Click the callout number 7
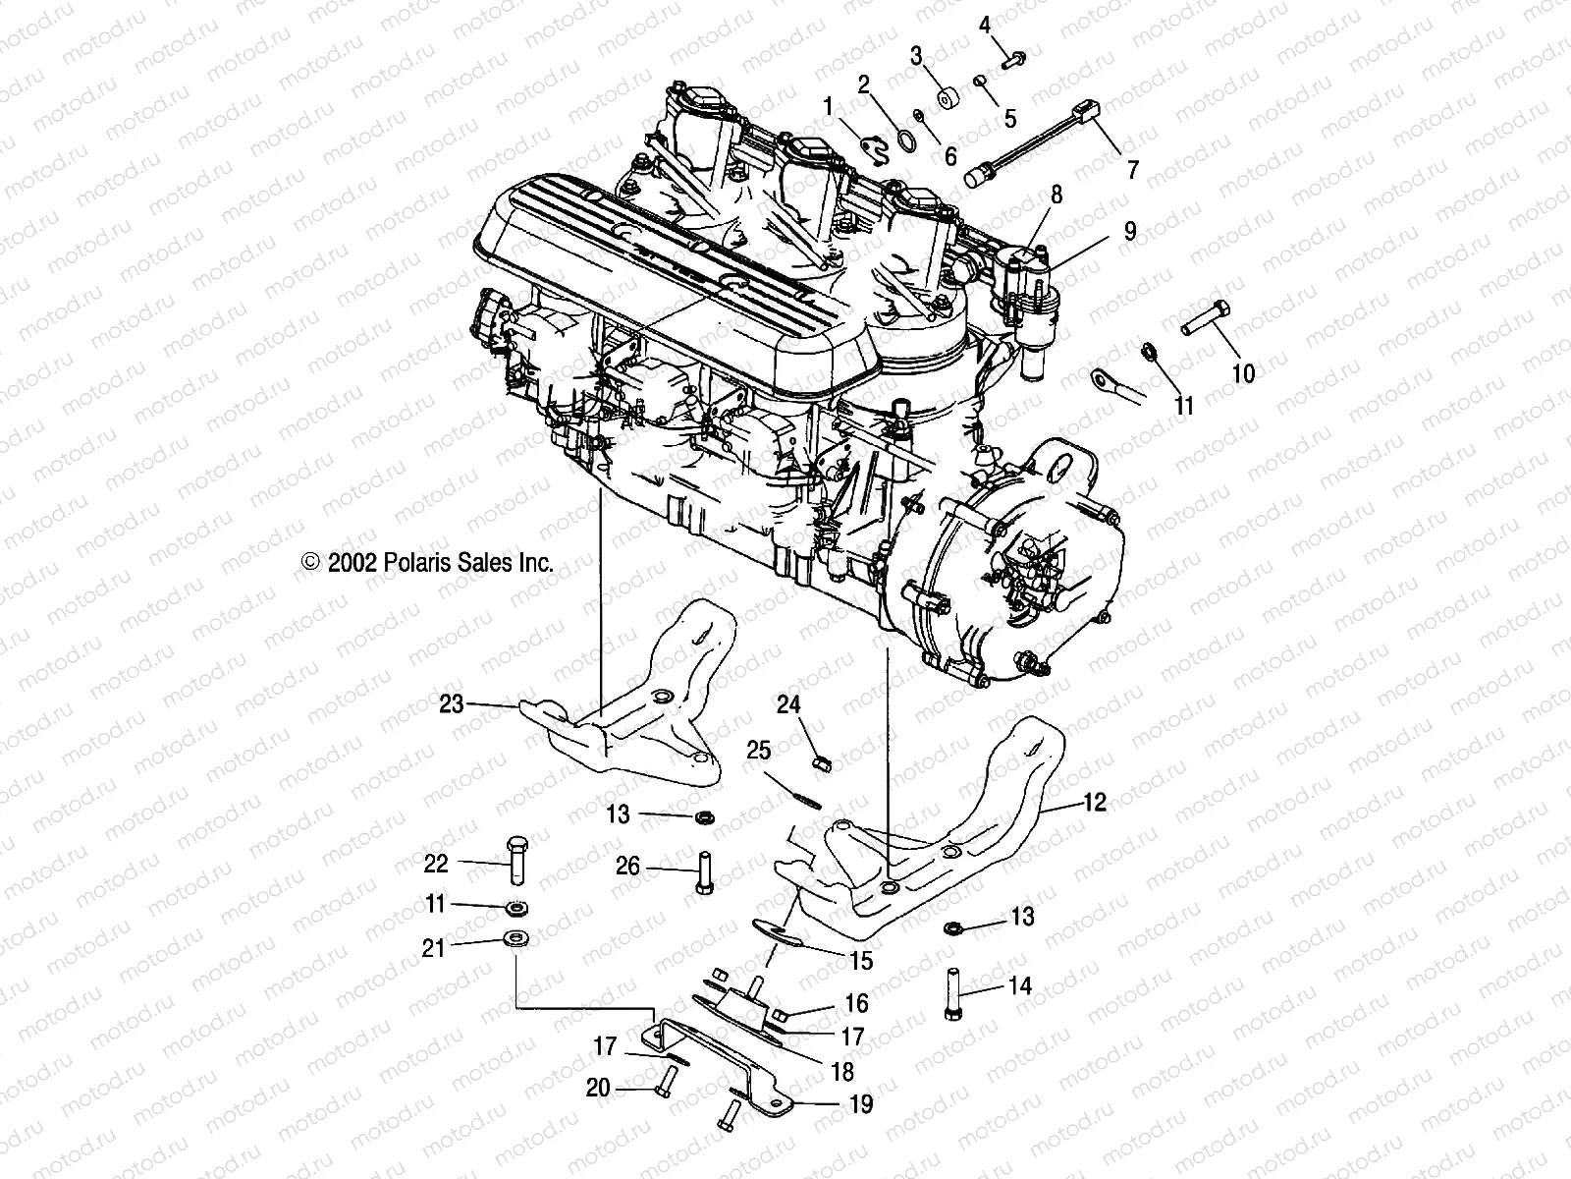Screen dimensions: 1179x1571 (x=1132, y=171)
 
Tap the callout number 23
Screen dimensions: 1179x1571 (x=451, y=703)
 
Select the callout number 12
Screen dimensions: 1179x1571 (x=1095, y=803)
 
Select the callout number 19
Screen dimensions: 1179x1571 (x=861, y=1104)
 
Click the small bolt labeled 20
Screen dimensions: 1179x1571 (x=663, y=1083)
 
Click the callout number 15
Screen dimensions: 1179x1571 (x=861, y=960)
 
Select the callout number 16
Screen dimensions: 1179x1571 (x=856, y=1003)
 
